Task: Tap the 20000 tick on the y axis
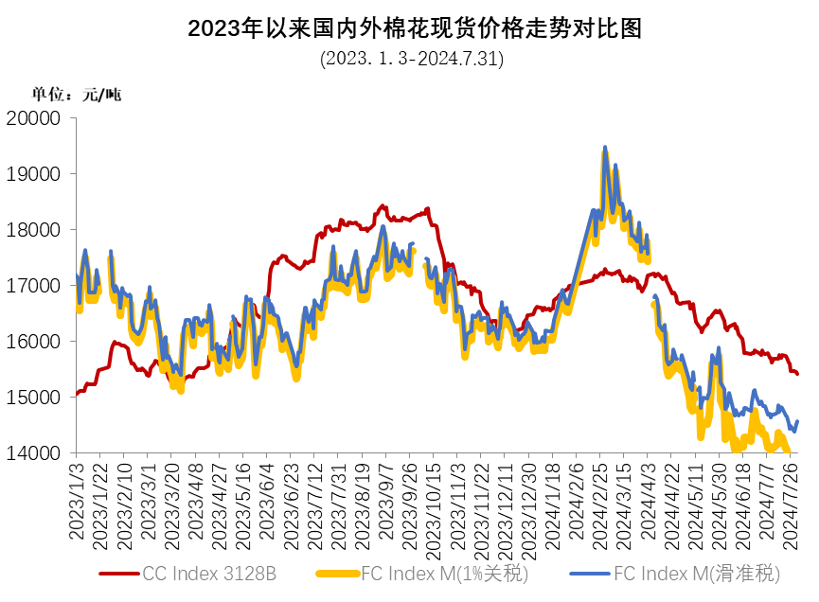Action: coord(33,118)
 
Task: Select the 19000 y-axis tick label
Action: coord(33,174)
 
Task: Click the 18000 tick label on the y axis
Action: coord(33,230)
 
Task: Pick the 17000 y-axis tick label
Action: coord(33,286)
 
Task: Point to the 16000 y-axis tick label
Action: coord(33,342)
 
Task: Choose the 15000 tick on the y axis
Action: coord(33,398)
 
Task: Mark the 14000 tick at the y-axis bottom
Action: coord(33,453)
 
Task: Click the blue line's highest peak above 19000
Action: coord(605,148)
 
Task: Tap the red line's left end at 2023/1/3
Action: coord(77,394)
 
